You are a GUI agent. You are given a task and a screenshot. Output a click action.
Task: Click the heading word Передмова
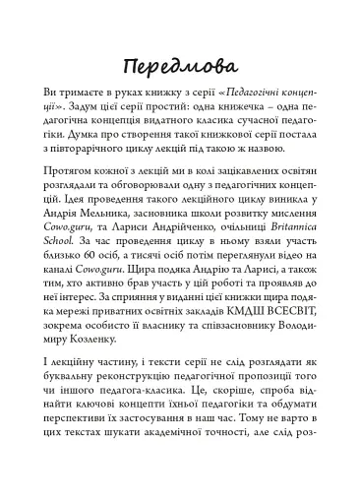(x=180, y=68)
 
